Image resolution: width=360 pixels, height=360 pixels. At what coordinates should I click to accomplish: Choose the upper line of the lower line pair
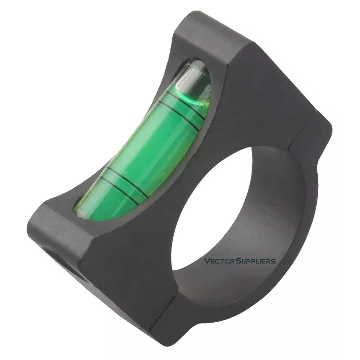click(128, 179)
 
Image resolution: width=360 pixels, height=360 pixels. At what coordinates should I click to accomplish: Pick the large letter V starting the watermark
click(207, 261)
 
